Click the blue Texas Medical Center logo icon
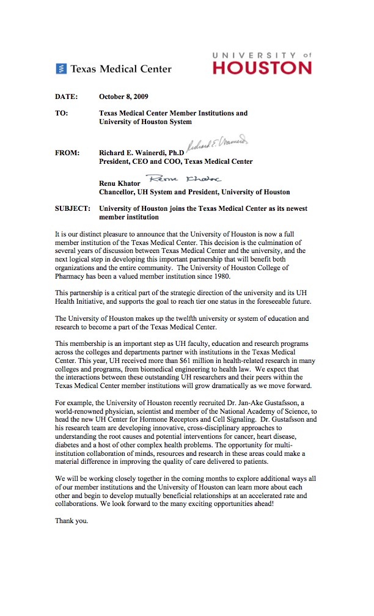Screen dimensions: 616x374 coord(61,69)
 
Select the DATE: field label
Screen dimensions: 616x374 coord(67,97)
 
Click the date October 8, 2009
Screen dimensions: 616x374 coord(123,97)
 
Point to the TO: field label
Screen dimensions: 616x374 coord(62,113)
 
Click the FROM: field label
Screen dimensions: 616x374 coord(67,153)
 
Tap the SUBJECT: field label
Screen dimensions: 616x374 coord(73,209)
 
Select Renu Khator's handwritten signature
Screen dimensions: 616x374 coord(186,179)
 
